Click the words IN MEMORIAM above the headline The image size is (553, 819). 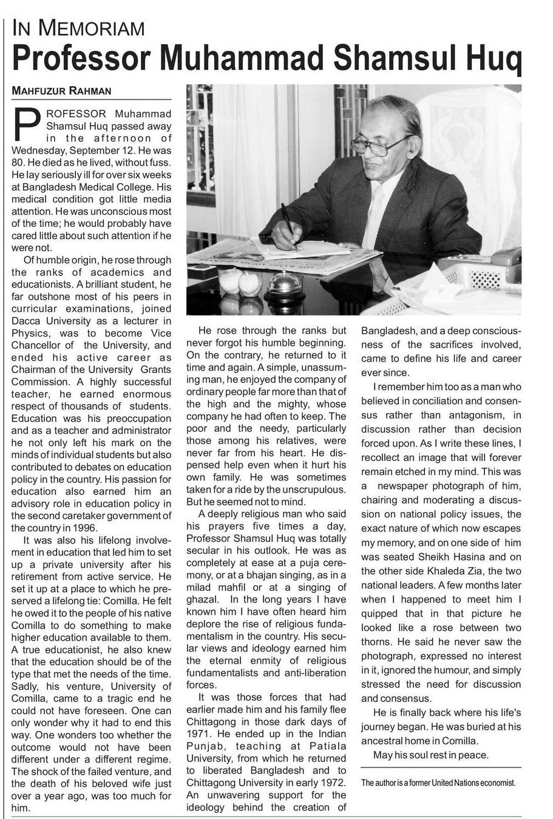(78, 28)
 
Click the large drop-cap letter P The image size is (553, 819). (27, 122)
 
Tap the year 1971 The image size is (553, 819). (199, 734)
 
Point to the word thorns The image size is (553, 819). (376, 642)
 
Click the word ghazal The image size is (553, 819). (203, 599)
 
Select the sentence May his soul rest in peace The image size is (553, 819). (431, 755)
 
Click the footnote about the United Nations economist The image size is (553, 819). (438, 783)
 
